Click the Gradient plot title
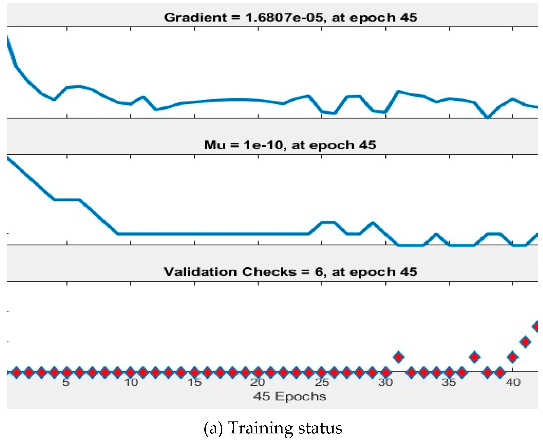point(290,18)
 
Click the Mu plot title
point(290,145)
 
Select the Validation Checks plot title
point(290,272)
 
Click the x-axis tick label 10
point(131,382)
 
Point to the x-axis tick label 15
point(195,382)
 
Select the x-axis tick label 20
point(258,382)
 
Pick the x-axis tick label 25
point(322,382)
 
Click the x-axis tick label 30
point(386,382)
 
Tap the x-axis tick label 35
point(449,382)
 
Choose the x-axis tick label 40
point(513,382)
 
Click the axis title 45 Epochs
point(290,396)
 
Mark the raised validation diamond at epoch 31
point(399,357)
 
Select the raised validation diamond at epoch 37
point(474,357)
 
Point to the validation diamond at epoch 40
point(512,357)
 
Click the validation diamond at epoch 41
point(525,342)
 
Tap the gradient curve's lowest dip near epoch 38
point(487,117)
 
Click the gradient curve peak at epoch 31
point(399,92)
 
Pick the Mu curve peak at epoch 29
point(373,223)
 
